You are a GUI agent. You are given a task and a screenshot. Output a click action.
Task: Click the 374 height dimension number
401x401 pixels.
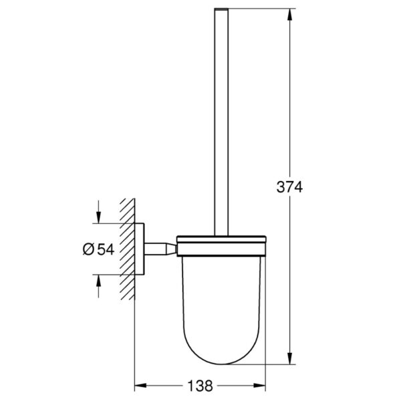tap(289, 187)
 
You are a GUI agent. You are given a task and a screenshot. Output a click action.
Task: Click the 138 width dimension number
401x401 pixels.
tap(200, 386)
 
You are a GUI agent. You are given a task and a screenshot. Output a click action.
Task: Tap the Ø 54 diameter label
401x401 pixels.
tap(98, 249)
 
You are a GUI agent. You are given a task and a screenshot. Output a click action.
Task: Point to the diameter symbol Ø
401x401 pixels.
tap(88, 249)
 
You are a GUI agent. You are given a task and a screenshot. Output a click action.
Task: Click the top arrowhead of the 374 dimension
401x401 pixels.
tap(289, 15)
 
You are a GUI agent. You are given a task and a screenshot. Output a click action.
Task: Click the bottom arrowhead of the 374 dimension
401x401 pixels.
tap(289, 358)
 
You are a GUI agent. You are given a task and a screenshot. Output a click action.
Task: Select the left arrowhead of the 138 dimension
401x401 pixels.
tap(140, 386)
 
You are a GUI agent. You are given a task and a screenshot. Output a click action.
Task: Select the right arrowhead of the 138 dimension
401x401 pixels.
tap(259, 386)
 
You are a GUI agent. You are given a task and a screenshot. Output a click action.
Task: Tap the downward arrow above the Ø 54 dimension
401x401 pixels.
tap(98, 212)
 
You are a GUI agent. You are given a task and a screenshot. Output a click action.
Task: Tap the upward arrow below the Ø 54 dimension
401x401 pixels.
tap(98, 287)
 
